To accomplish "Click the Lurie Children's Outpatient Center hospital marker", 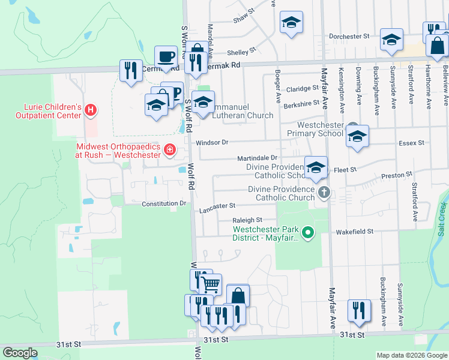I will pos(91,110).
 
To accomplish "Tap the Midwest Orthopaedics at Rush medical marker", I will pos(170,149).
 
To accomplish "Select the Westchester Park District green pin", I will pos(308,232).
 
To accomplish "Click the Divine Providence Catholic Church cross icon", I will pos(324,193).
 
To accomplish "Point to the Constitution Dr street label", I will pos(164,204).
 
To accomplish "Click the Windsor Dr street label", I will pos(212,143).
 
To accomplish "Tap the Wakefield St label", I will pos(355,231).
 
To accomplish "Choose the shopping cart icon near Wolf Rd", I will pos(210,284).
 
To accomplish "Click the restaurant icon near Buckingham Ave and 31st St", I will pos(359,310).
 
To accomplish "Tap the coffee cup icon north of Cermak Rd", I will pos(166,56).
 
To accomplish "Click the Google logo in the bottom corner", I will pos(20,353).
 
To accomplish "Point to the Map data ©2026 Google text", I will pos(411,355).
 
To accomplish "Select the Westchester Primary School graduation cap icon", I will pos(357,137).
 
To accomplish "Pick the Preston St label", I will pos(397,175).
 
